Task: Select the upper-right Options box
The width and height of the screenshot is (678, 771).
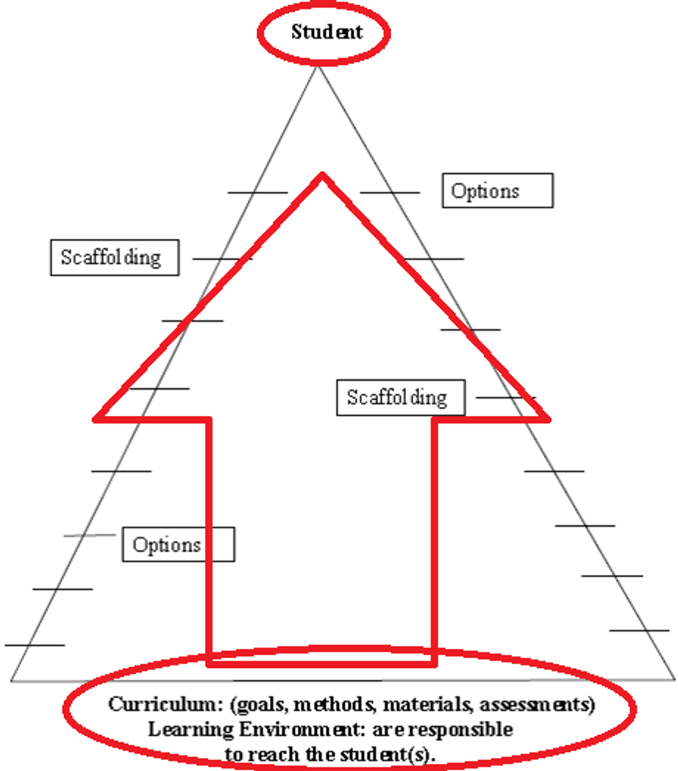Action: point(497,191)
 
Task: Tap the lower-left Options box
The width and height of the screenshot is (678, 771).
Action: point(178,545)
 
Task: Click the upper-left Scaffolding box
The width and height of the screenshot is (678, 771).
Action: point(114,257)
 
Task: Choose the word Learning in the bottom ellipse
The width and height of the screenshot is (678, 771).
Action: point(181,729)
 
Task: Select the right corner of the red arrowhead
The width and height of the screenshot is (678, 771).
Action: point(548,418)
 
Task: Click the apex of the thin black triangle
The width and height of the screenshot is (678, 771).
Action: point(319,67)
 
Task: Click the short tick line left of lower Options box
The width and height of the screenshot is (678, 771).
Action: point(90,536)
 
